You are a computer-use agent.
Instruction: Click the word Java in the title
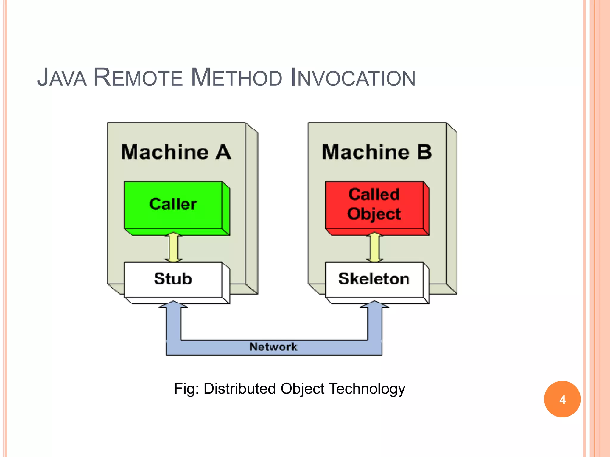point(62,78)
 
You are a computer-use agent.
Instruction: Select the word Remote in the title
point(138,78)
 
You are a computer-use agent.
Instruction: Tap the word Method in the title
point(236,78)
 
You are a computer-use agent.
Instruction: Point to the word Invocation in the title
point(353,78)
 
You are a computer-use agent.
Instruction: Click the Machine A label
point(176,152)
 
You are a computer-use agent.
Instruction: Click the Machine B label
point(377,152)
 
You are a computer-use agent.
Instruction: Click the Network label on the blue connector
point(273,347)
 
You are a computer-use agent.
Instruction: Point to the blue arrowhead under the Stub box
point(173,305)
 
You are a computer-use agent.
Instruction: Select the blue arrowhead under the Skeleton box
point(374,305)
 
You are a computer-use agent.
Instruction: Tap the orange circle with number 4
point(562,399)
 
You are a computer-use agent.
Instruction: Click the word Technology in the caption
point(367,389)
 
